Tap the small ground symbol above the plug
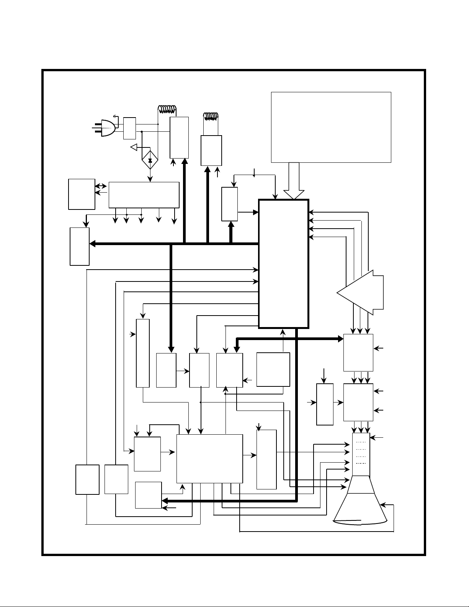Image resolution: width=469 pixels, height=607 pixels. (x=114, y=115)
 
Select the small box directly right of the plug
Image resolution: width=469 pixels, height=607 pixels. (x=129, y=128)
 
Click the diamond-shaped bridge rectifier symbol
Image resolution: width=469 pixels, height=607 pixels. (x=150, y=160)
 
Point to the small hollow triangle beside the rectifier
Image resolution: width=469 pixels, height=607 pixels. (x=134, y=147)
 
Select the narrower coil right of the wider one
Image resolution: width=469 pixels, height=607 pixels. (x=210, y=116)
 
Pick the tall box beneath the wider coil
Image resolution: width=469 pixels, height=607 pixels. (x=179, y=137)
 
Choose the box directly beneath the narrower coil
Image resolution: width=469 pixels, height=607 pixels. (x=211, y=151)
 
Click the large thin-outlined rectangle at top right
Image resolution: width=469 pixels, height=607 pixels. (x=331, y=127)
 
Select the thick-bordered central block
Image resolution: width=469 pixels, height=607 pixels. (x=284, y=263)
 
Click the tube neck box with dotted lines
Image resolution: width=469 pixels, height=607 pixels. (x=361, y=454)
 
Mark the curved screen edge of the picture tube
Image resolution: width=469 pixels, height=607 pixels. (x=360, y=522)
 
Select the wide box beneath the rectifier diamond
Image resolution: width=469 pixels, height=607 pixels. (x=144, y=195)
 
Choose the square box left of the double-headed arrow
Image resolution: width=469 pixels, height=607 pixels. (x=82, y=194)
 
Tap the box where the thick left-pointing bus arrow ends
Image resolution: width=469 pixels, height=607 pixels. (x=80, y=246)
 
